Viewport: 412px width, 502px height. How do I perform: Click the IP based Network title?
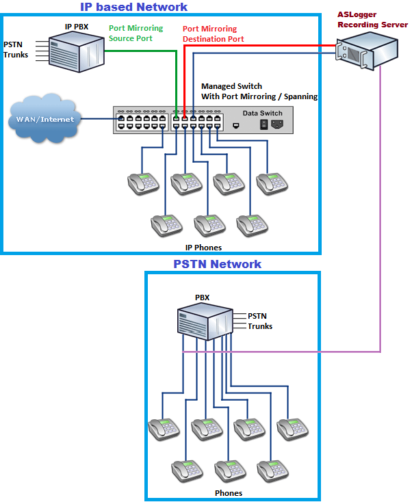click(x=134, y=7)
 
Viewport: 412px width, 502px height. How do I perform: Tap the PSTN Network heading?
click(x=217, y=264)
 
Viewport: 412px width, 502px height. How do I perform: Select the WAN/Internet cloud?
click(x=42, y=120)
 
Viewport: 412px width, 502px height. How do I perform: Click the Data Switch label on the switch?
click(x=262, y=113)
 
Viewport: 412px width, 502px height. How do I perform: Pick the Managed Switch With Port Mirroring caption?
click(x=259, y=92)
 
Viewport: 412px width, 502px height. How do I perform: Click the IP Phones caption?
click(x=203, y=247)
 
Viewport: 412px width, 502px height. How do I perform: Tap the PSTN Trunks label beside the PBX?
click(x=259, y=321)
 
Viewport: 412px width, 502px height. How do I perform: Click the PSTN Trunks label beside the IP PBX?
click(x=16, y=49)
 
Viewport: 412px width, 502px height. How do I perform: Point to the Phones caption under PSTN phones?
click(x=228, y=492)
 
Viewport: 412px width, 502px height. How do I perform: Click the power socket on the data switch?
click(x=277, y=124)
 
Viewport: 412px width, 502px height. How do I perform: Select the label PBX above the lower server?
click(x=202, y=298)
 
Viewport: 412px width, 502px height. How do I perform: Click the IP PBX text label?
click(x=77, y=25)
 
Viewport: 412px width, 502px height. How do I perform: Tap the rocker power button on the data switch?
click(x=262, y=124)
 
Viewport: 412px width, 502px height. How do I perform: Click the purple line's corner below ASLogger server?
click(x=380, y=352)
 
